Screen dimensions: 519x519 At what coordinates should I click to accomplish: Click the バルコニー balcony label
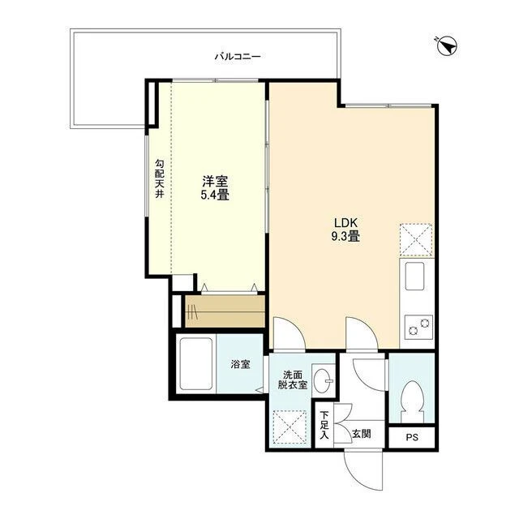click(x=238, y=57)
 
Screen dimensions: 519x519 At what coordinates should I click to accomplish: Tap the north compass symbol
click(x=447, y=46)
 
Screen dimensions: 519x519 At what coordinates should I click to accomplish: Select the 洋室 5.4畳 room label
click(x=215, y=188)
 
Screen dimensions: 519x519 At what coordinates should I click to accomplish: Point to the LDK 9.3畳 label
click(x=345, y=229)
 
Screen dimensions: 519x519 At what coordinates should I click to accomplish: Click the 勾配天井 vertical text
click(x=160, y=178)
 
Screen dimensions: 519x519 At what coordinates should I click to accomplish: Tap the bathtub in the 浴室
click(x=196, y=364)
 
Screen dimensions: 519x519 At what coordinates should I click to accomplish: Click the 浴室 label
click(x=240, y=364)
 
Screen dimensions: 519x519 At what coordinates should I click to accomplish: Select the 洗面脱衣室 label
click(x=293, y=380)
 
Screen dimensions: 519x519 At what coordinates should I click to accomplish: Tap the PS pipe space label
click(x=412, y=437)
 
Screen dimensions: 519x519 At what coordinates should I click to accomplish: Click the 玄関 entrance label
click(x=362, y=434)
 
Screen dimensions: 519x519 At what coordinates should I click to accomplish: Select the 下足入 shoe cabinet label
click(x=324, y=425)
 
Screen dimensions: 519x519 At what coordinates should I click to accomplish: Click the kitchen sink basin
click(x=414, y=276)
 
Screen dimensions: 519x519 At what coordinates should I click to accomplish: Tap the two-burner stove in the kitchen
click(x=418, y=326)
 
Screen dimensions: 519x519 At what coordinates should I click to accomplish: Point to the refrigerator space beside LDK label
click(x=416, y=241)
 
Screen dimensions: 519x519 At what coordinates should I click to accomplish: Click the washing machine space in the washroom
click(x=290, y=427)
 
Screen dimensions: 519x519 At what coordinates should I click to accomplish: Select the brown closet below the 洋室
click(x=225, y=311)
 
